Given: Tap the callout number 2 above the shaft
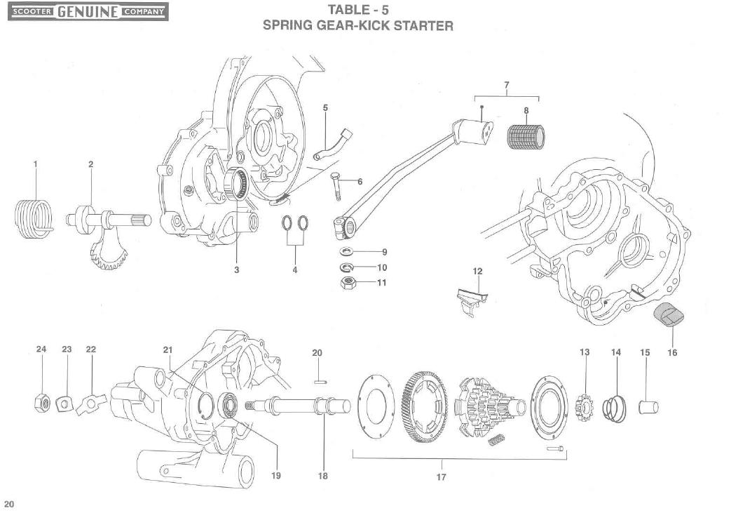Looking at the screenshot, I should pyautogui.click(x=90, y=164).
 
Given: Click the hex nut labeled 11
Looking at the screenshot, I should pyautogui.click(x=346, y=283).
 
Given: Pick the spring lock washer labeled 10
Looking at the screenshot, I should pyautogui.click(x=346, y=267).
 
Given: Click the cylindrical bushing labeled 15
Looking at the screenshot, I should pyautogui.click(x=645, y=407).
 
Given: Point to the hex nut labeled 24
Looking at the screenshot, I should pyautogui.click(x=41, y=403).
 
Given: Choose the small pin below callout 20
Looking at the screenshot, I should pyautogui.click(x=317, y=382).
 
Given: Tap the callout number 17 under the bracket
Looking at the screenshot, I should pyautogui.click(x=441, y=477).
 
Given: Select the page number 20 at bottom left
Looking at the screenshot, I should pyautogui.click(x=8, y=503).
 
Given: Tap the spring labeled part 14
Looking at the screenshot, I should pyautogui.click(x=614, y=408).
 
